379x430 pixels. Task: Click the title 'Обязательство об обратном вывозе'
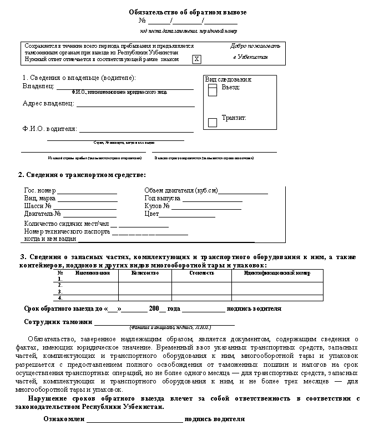click(x=188, y=12)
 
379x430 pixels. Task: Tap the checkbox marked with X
click(x=196, y=59)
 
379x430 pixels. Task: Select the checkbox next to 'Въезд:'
click(x=213, y=91)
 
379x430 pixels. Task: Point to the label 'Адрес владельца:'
click(x=48, y=103)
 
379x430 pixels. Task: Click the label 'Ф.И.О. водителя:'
click(x=49, y=129)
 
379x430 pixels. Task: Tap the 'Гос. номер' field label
click(x=40, y=190)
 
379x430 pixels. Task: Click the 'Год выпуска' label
click(x=162, y=198)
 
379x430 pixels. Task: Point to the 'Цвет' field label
click(x=151, y=214)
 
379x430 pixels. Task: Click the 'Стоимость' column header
click(x=201, y=273)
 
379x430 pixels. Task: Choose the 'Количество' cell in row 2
click(x=145, y=285)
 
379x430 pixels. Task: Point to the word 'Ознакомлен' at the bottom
click(x=63, y=419)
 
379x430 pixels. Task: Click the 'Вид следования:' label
click(x=229, y=79)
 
